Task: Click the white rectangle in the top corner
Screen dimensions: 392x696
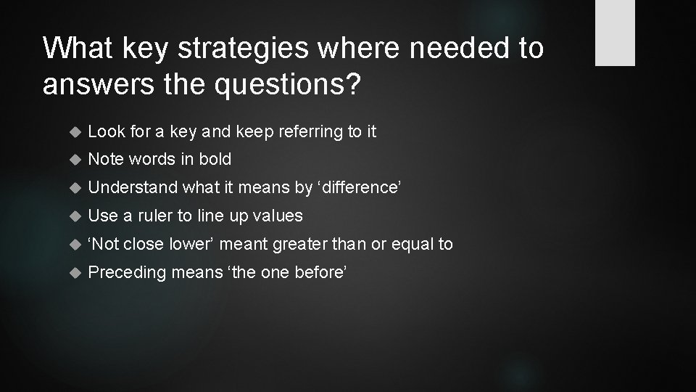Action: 615,33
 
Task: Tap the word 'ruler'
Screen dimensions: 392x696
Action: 155,216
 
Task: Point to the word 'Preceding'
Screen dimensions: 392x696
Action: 125,272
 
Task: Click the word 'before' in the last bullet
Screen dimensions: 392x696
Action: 322,272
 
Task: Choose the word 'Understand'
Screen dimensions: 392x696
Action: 133,187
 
